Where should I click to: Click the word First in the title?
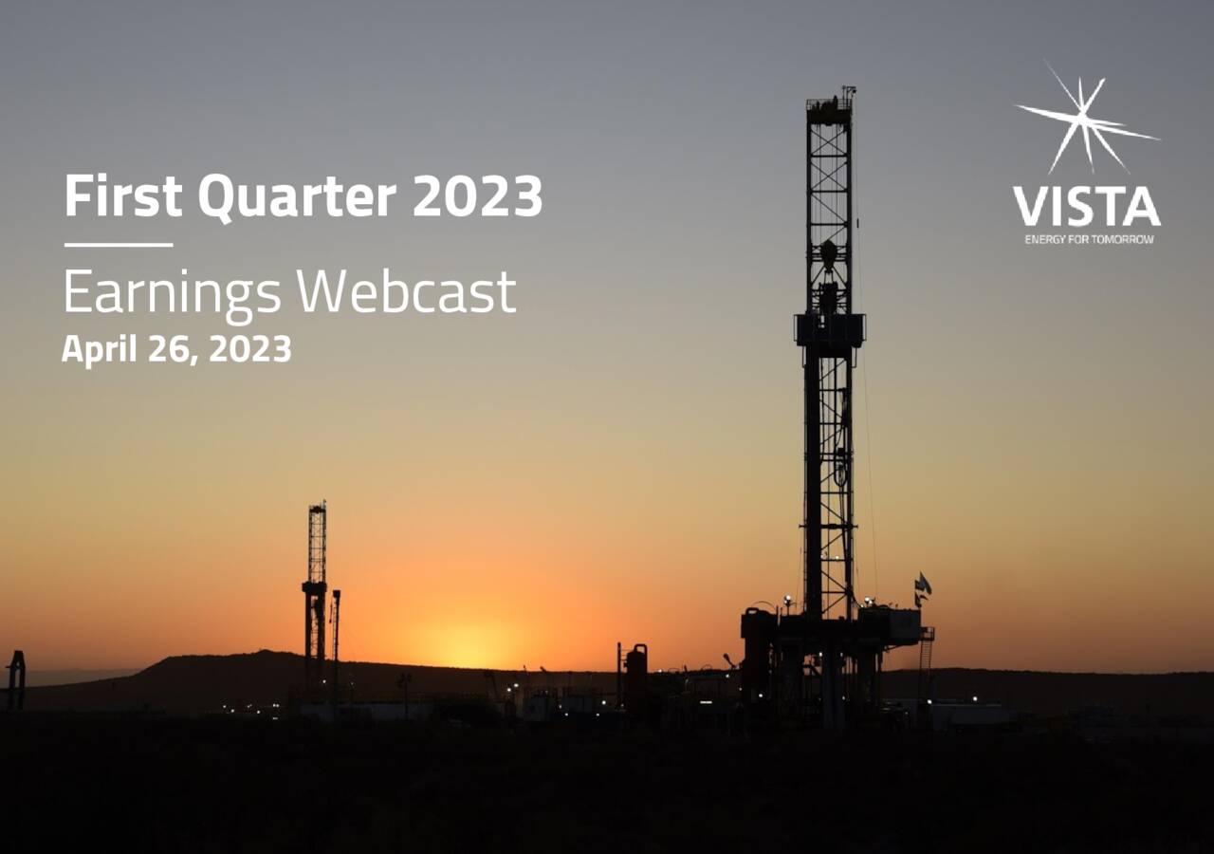pyautogui.click(x=123, y=197)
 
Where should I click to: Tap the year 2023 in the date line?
pyautogui.click(x=249, y=349)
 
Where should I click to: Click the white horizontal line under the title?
pyautogui.click(x=119, y=245)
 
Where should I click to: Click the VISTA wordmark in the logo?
pyautogui.click(x=1086, y=207)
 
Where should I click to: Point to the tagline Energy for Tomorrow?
pyautogui.click(x=1089, y=239)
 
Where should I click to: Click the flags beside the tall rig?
pyautogui.click(x=921, y=588)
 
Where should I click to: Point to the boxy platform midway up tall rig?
pyautogui.click(x=830, y=329)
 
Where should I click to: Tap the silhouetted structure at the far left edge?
pyautogui.click(x=15, y=679)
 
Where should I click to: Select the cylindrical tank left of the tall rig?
pyautogui.click(x=635, y=674)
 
